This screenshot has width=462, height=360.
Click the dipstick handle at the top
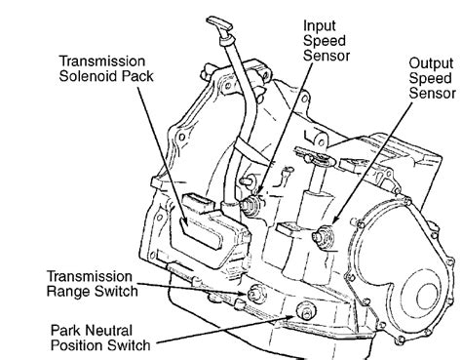219,24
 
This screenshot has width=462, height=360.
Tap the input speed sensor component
250,205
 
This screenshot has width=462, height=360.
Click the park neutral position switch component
306,310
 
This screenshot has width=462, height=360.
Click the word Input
320,26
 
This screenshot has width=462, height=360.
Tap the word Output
431,63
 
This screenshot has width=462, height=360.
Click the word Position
76,345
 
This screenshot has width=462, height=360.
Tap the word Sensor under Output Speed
432,93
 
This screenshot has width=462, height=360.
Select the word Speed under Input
325,41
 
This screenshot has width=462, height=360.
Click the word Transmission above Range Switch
90,276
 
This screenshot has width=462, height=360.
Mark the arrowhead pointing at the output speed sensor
334,220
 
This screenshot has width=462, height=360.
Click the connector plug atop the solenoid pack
198,202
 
